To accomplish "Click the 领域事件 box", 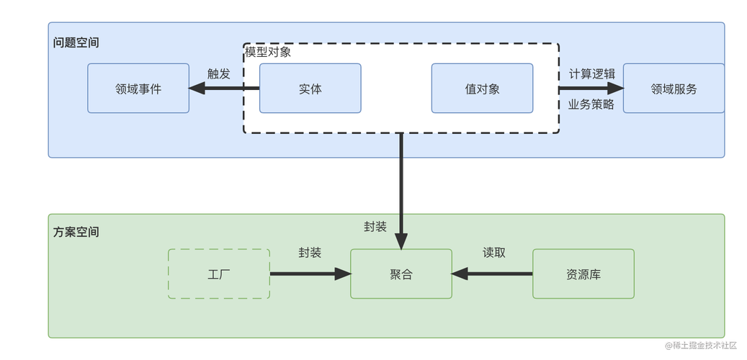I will click(138, 89).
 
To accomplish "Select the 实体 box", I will click(310, 89).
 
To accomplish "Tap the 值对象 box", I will click(482, 89).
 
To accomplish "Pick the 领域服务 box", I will click(674, 89).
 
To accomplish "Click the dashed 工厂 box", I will click(218, 274).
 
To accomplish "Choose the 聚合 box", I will click(401, 274).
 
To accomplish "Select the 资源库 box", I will click(583, 274).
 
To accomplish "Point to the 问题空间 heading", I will click(76, 42).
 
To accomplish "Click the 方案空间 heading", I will click(76, 232).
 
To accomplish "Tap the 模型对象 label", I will click(268, 52).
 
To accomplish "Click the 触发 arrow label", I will click(218, 73).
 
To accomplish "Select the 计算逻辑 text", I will click(591, 73).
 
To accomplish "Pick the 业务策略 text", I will click(591, 104).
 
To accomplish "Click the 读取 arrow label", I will click(493, 253).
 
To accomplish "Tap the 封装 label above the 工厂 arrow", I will click(310, 253).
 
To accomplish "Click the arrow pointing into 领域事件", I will click(223, 89).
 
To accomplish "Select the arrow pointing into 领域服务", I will click(591, 89).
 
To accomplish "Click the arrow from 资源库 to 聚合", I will click(493, 274).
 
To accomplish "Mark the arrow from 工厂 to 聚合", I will click(310, 274).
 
